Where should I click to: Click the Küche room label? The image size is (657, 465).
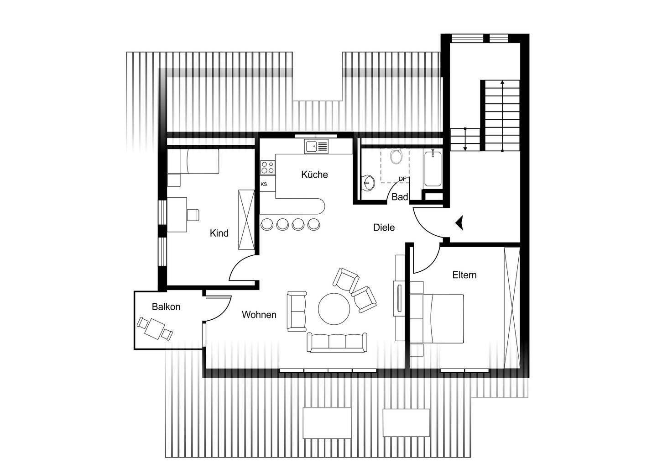[x=314, y=174]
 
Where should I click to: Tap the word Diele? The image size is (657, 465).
[x=384, y=227]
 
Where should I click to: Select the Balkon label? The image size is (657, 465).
[x=166, y=306]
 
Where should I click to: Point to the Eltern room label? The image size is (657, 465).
[x=464, y=275]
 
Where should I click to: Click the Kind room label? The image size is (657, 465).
[x=219, y=233]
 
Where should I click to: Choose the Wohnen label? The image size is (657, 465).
[x=259, y=315]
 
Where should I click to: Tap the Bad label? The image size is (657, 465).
[x=400, y=197]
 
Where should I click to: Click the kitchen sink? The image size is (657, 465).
[x=316, y=146]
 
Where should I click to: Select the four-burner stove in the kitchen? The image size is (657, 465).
[x=267, y=167]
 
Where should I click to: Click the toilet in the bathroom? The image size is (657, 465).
[x=396, y=156]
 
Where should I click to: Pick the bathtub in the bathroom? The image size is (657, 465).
[x=433, y=169]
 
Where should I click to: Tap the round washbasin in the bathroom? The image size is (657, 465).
[x=369, y=182]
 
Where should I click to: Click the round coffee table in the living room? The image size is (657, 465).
[x=334, y=309]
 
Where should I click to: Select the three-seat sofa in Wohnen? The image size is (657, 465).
[x=337, y=342]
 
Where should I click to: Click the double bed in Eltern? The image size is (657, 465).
[x=438, y=318]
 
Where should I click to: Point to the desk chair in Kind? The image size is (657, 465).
[x=193, y=214]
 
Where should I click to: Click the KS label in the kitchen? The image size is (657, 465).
[x=264, y=184]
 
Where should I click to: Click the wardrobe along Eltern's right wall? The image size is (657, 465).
[x=512, y=307]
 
